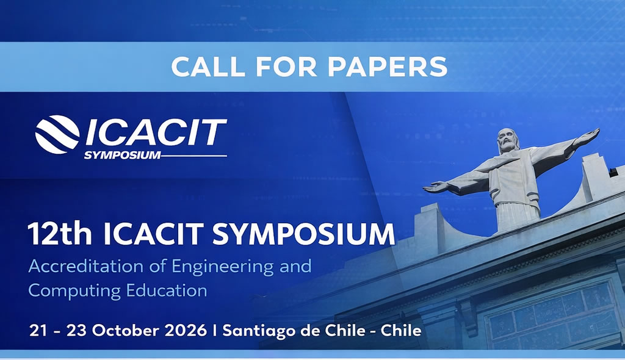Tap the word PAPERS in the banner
388,67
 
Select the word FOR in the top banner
286,67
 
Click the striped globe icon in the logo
57,134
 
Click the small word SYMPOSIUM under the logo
122,155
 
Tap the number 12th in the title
60,234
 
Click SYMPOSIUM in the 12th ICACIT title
304,234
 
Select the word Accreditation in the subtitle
85,266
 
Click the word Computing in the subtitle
74,291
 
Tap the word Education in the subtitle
167,290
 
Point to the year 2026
186,331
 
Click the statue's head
507,140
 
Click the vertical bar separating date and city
215,331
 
